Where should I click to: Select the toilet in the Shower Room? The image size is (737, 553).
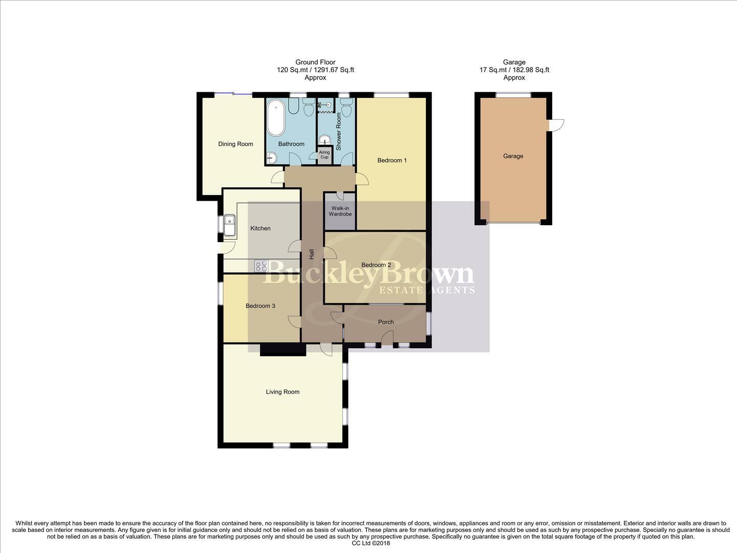346,108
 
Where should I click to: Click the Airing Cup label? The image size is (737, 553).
324,155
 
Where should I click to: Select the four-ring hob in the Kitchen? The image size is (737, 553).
261,266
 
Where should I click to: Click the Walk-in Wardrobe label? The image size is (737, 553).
340,211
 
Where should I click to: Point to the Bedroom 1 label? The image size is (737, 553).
392,160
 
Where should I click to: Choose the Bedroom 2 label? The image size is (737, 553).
376,265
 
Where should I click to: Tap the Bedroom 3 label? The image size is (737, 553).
260,306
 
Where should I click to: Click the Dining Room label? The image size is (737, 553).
235,144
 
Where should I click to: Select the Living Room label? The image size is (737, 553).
283,392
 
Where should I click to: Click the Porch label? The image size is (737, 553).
385,322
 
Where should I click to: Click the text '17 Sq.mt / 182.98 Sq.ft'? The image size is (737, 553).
514,70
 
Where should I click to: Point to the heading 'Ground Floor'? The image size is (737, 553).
315,62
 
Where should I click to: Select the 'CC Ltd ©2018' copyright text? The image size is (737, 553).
368,544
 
